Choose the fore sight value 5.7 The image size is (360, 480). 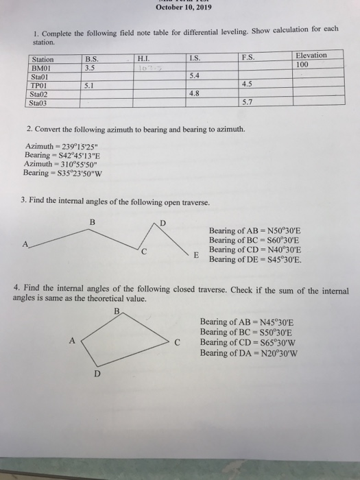(x=248, y=103)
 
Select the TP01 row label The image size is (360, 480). (x=43, y=86)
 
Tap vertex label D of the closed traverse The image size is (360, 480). (x=97, y=374)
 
